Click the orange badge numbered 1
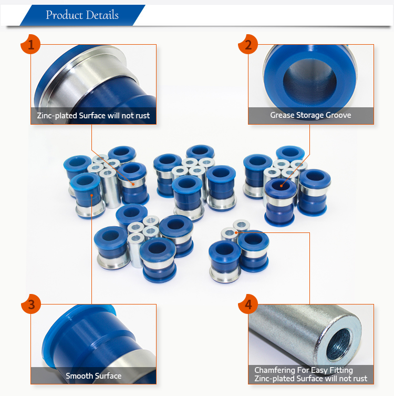[x=30, y=44]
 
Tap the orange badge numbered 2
[x=248, y=44]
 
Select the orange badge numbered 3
[x=31, y=304]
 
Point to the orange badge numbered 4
[x=248, y=304]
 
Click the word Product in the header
[x=64, y=15]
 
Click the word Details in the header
[x=102, y=15]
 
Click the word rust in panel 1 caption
[x=143, y=116]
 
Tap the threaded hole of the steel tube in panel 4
[x=339, y=344]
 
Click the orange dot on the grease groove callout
[x=281, y=186]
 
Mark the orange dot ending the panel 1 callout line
[x=133, y=185]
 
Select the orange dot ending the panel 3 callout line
[x=91, y=195]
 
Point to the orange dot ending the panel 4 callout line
[x=236, y=232]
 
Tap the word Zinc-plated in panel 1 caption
[x=57, y=116]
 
